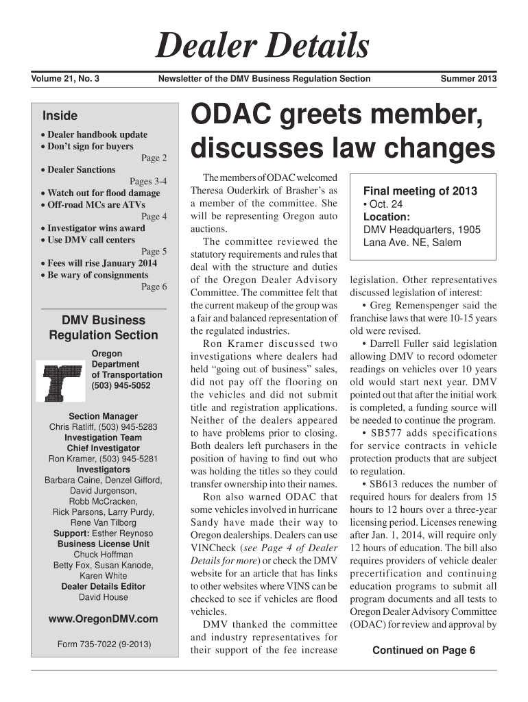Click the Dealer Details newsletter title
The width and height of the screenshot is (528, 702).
point(263,47)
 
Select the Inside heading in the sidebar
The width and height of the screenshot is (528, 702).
point(60,116)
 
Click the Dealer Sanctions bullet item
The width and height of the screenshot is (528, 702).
point(81,169)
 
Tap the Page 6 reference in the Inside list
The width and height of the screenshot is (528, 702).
point(154,287)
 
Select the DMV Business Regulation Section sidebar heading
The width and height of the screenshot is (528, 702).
point(104,328)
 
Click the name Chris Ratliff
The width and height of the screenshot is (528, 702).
point(74,427)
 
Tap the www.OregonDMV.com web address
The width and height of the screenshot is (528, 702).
point(104,619)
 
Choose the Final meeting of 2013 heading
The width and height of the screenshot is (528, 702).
point(420,191)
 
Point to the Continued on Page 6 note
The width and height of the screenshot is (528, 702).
point(423,651)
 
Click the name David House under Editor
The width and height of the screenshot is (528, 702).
point(104,597)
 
